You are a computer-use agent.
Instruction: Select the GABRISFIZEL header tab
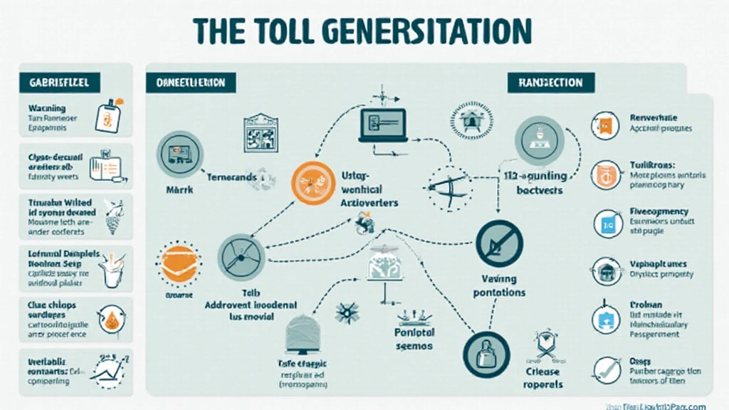pyautogui.click(x=60, y=82)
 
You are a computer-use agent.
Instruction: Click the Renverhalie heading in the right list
pyautogui.click(x=654, y=118)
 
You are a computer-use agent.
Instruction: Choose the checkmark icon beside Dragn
pyautogui.click(x=606, y=368)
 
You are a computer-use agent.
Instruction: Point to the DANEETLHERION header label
pyautogui.click(x=191, y=83)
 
